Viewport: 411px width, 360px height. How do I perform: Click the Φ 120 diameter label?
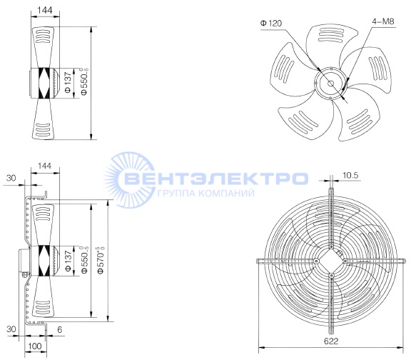click(271, 24)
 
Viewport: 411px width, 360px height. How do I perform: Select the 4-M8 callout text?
click(383, 21)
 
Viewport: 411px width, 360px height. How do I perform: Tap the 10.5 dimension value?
click(350, 175)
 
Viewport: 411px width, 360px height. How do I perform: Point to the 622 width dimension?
click(331, 341)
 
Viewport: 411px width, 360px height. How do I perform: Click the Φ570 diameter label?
click(101, 260)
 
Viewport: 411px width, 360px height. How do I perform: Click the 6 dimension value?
click(59, 329)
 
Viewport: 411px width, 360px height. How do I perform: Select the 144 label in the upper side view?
click(45, 10)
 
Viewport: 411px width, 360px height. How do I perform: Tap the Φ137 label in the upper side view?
click(68, 82)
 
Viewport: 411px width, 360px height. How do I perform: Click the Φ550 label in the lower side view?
click(85, 259)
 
